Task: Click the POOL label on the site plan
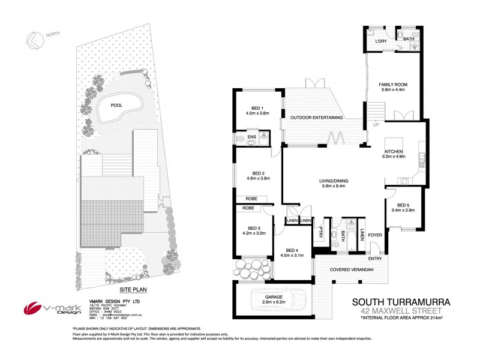(x=116, y=105)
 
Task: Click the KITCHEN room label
(x=394, y=151)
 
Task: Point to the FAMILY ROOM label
(x=393, y=85)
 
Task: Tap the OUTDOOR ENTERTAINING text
(x=317, y=118)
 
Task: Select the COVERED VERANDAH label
(x=352, y=270)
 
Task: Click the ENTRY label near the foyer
(x=375, y=259)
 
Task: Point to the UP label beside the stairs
(x=376, y=125)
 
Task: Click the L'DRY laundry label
(x=380, y=40)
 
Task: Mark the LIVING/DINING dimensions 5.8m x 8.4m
(x=334, y=187)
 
